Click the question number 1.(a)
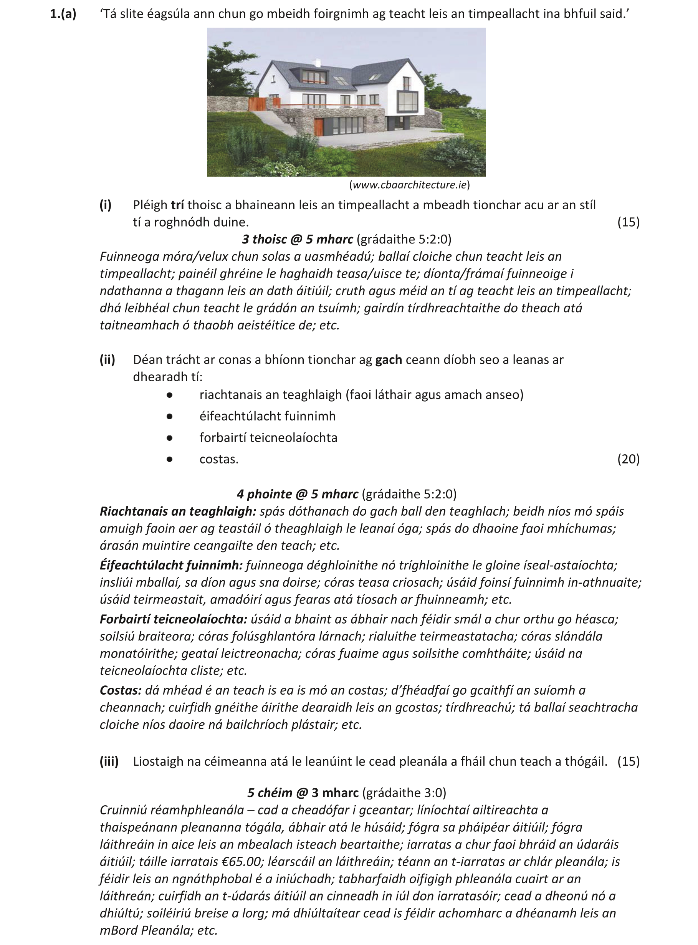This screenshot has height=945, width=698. [x=63, y=14]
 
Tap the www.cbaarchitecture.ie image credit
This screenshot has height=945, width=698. [x=409, y=185]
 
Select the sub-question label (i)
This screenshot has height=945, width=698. [x=106, y=205]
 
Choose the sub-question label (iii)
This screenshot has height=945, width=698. [x=109, y=761]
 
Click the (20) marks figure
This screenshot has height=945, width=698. [x=628, y=459]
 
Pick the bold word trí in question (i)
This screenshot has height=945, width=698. [x=177, y=205]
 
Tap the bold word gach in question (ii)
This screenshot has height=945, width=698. [x=388, y=360]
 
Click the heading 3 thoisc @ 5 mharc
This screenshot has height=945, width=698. [x=297, y=239]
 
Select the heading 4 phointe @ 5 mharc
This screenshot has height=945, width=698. [x=297, y=494]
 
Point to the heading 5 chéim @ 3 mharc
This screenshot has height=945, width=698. [x=303, y=793]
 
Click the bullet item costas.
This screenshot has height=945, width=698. [x=219, y=459]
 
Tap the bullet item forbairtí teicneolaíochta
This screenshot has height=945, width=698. [x=268, y=437]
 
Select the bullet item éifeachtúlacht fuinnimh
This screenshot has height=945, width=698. [x=268, y=416]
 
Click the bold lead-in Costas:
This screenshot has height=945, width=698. [x=121, y=690]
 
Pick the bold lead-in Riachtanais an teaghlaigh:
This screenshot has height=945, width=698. [x=178, y=511]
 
